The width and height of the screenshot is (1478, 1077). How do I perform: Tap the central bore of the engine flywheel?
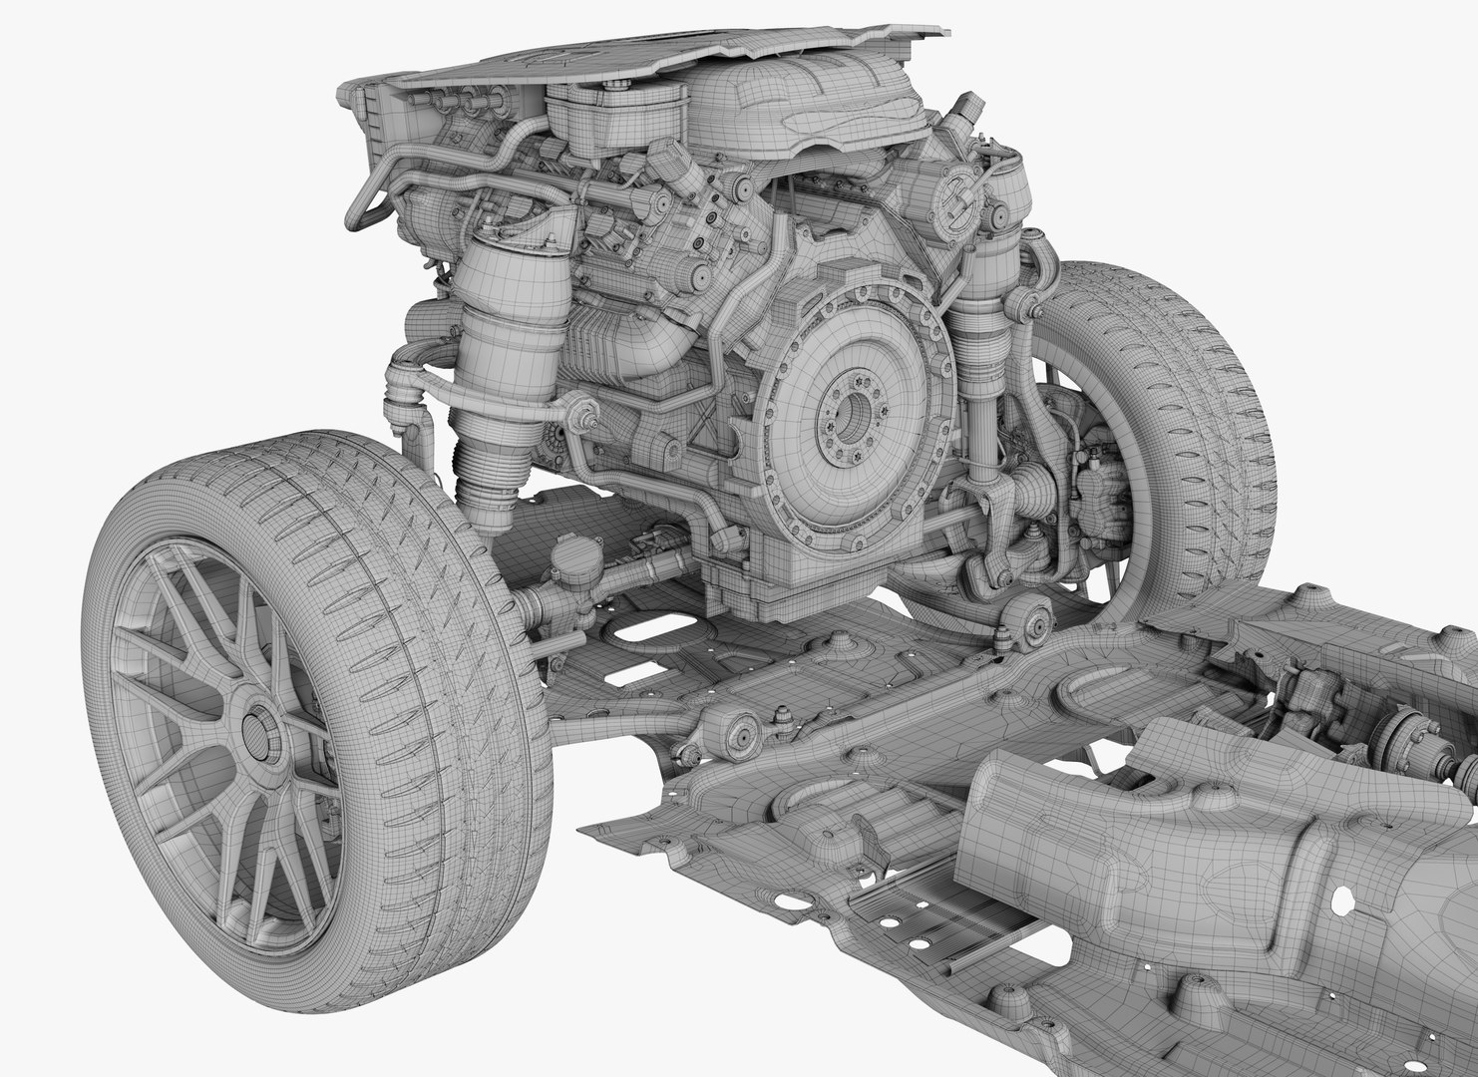click(851, 410)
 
